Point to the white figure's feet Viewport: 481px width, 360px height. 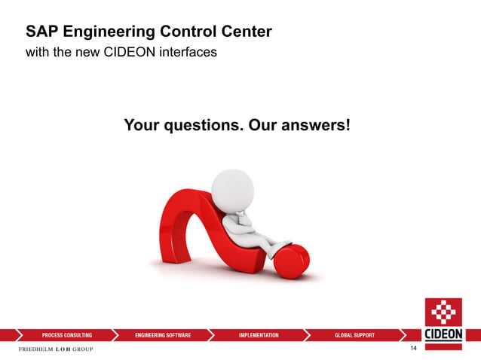(x=280, y=246)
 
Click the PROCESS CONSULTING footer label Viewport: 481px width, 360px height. (x=67, y=335)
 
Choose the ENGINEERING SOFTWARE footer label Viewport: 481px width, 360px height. (x=163, y=335)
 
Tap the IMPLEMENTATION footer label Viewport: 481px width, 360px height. (x=259, y=335)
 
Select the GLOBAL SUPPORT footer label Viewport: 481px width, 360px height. (x=354, y=335)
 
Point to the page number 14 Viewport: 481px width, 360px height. (x=413, y=349)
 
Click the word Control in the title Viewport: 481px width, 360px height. (x=185, y=32)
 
